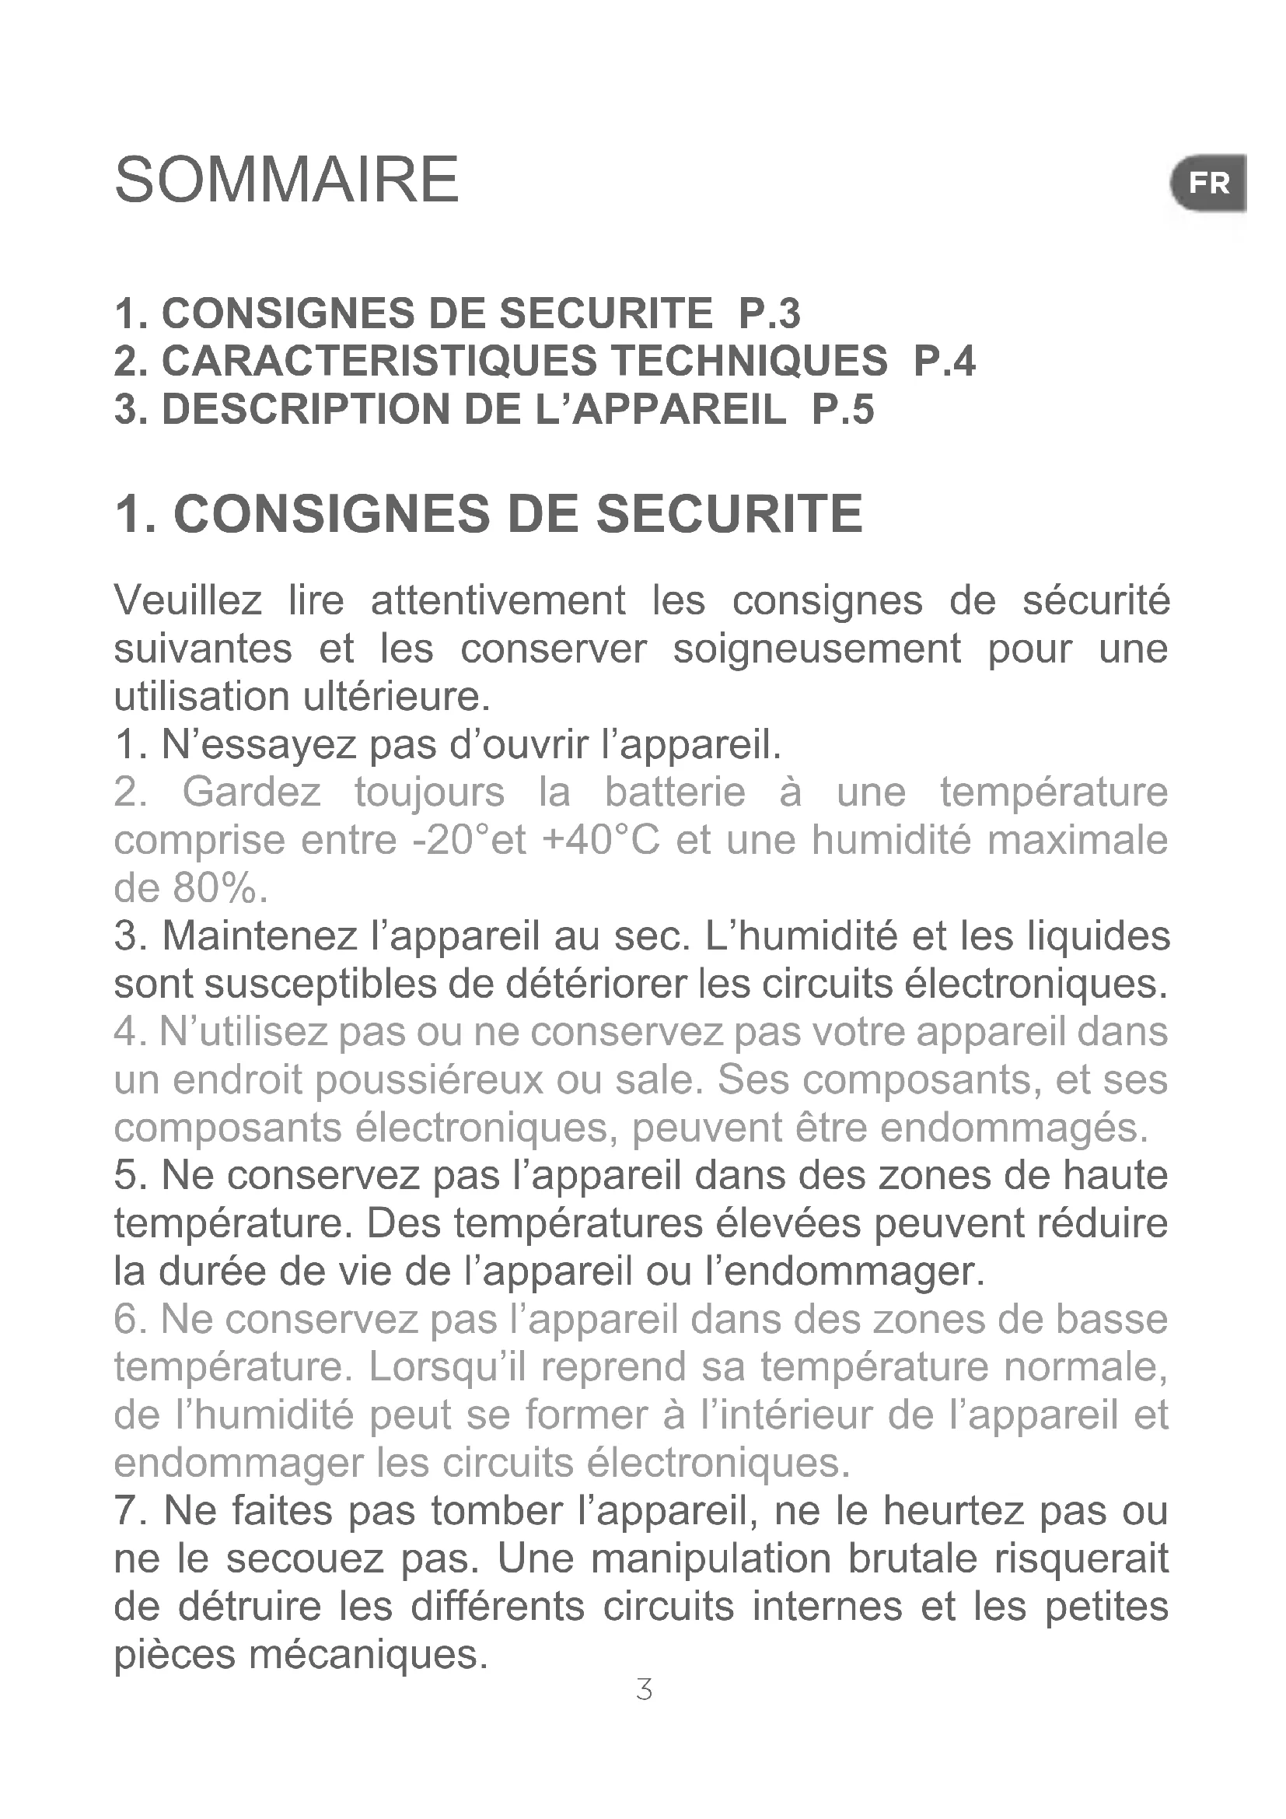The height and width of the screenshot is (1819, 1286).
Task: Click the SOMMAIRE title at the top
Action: click(x=287, y=180)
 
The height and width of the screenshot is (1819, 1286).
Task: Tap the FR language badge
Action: click(x=1208, y=184)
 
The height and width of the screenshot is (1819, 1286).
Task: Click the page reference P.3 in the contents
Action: click(x=769, y=313)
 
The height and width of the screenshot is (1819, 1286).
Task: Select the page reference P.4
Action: click(x=944, y=362)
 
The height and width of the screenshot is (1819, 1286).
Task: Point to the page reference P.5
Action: click(x=844, y=410)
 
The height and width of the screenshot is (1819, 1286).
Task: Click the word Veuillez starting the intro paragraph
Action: click(x=187, y=600)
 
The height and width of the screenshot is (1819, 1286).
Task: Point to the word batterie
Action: click(x=675, y=792)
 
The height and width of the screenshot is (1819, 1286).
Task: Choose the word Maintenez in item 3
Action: click(x=260, y=936)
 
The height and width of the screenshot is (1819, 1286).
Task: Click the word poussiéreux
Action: click(x=430, y=1081)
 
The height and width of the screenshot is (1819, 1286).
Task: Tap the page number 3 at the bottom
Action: click(x=644, y=1690)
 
